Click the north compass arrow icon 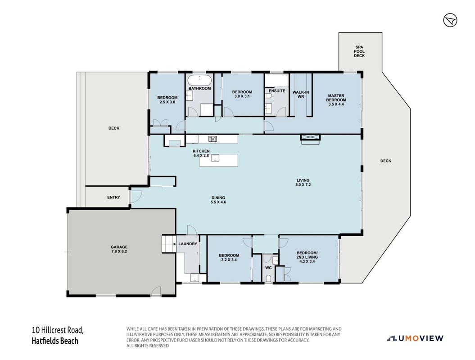point(450,20)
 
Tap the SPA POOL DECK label point(359,51)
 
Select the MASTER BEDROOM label point(336,100)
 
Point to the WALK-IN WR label point(300,94)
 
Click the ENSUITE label point(277,91)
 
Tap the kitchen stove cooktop point(213,139)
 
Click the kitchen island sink point(215,157)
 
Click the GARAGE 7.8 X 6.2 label point(119,249)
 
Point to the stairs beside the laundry point(169,244)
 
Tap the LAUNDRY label point(187,244)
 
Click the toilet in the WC point(268,279)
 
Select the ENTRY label point(113,197)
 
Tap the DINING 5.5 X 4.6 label point(218,200)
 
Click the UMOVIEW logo point(415,338)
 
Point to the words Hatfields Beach point(55,341)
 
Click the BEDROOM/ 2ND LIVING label point(307,257)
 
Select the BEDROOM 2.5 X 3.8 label point(167,100)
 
